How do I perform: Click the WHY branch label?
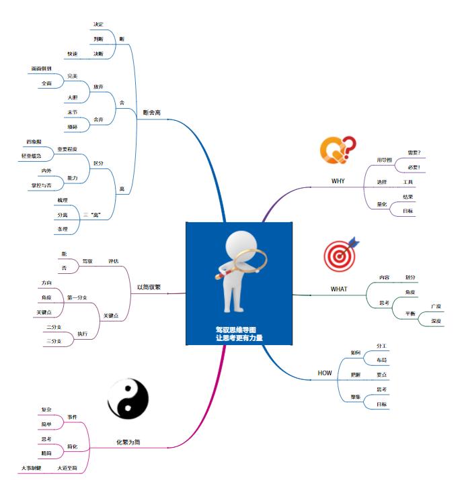pos(338,181)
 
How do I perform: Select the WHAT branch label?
pos(339,289)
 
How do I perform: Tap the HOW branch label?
pos(325,373)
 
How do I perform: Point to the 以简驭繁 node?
pos(149,287)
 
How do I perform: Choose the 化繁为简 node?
pos(127,442)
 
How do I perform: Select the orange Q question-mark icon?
pos(334,150)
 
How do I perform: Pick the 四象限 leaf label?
pos(34,142)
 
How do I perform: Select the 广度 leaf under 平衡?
pos(436,306)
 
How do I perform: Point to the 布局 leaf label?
pos(381,360)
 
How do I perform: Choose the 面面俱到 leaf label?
pos(41,68)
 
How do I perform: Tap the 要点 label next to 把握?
pos(381,374)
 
